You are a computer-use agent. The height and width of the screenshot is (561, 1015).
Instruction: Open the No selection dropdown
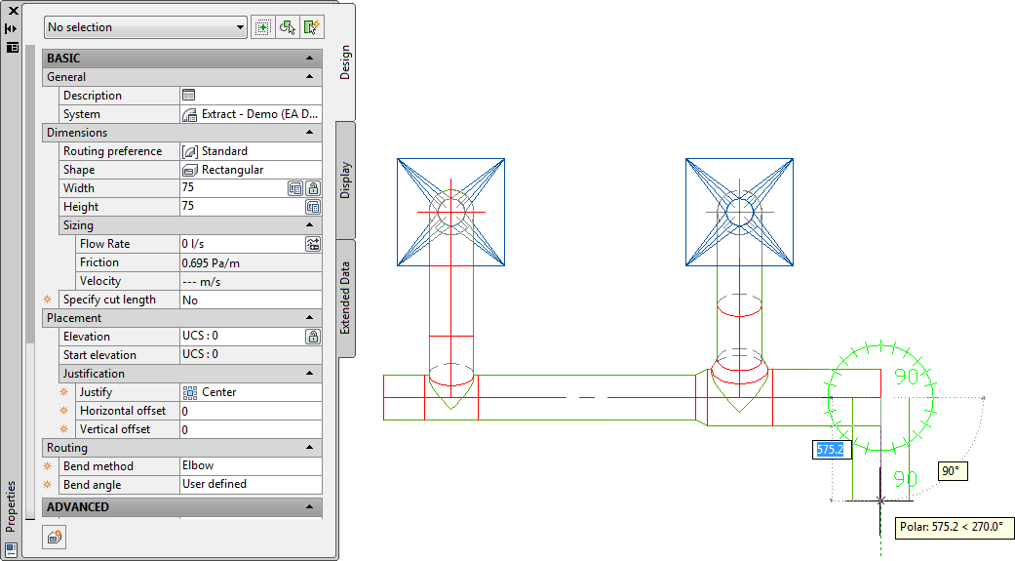145,27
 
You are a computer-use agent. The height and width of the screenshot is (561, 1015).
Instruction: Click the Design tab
345,62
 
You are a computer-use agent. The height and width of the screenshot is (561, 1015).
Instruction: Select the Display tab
345,180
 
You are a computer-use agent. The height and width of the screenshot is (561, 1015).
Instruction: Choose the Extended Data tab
345,298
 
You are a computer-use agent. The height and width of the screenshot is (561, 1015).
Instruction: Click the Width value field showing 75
233,188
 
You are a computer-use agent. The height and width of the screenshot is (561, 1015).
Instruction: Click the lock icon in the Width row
313,188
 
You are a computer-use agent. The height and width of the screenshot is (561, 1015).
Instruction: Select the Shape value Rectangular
232,170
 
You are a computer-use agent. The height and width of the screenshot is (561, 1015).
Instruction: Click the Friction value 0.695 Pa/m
211,263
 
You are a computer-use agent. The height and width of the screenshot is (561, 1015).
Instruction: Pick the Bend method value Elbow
198,465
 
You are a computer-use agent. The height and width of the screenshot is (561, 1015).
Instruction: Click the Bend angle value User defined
215,484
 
